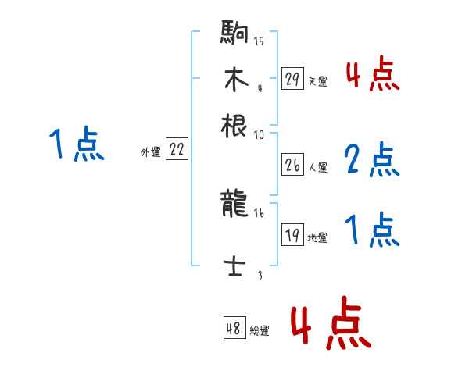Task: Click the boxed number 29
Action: tap(292, 79)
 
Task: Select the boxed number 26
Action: tap(292, 165)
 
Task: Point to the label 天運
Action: tap(317, 81)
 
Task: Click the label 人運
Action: tap(317, 167)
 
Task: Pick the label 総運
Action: tap(260, 331)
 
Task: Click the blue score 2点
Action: tap(371, 160)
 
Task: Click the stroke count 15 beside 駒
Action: tap(259, 41)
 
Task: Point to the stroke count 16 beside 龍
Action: tap(259, 212)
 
